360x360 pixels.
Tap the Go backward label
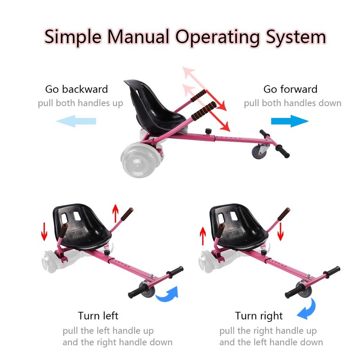(76, 89)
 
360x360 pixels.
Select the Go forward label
(290, 89)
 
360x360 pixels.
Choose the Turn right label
(259, 316)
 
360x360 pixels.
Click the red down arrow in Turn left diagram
(44, 230)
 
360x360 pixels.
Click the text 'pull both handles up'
(80, 103)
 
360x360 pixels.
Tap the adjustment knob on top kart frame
(208, 132)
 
